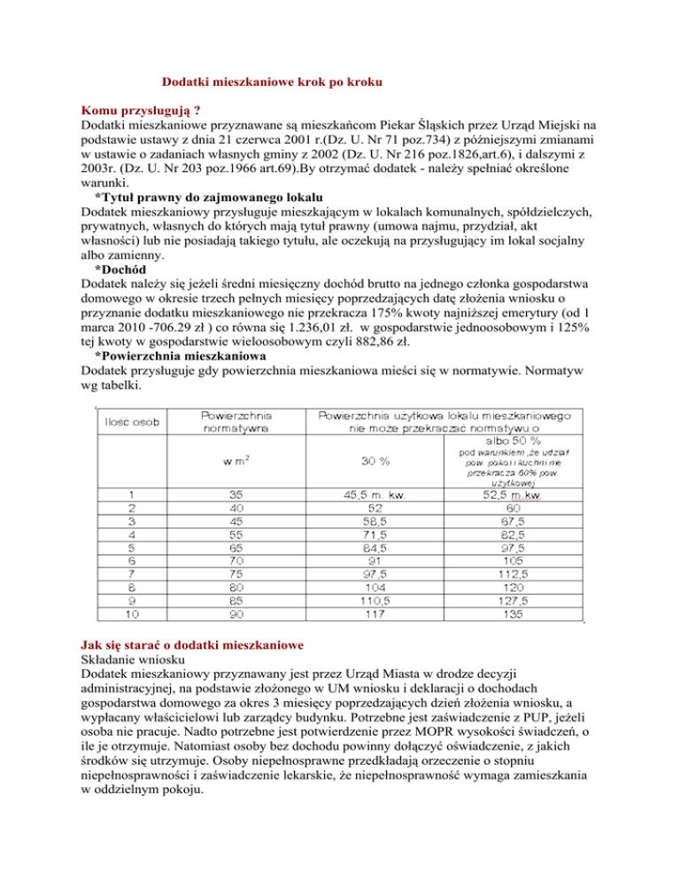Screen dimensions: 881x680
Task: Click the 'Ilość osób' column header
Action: tap(131, 422)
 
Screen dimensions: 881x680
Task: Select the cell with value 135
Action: tap(511, 611)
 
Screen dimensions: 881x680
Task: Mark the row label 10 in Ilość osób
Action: tap(131, 611)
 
